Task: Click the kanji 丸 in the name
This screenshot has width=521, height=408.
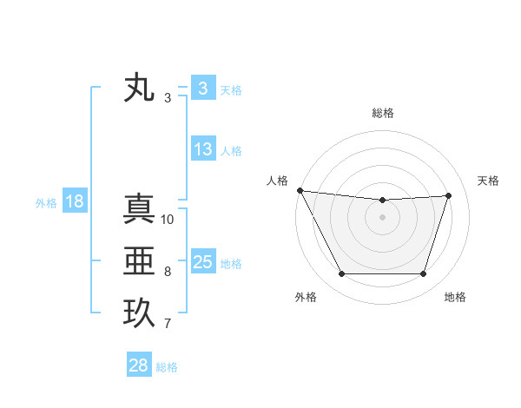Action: pyautogui.click(x=139, y=89)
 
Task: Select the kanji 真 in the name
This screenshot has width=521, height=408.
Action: pyautogui.click(x=139, y=209)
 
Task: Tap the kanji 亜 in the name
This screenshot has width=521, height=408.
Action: pyautogui.click(x=139, y=261)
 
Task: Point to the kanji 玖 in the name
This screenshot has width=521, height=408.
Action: pyautogui.click(x=139, y=313)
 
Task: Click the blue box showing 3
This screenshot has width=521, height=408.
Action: pyautogui.click(x=202, y=89)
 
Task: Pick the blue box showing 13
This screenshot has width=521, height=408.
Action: pyautogui.click(x=202, y=149)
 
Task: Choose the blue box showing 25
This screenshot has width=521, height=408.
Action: pyautogui.click(x=202, y=262)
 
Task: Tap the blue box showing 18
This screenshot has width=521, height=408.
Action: pyautogui.click(x=74, y=202)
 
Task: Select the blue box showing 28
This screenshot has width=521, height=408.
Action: pyautogui.click(x=138, y=365)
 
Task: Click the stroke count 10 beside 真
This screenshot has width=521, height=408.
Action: pyautogui.click(x=168, y=220)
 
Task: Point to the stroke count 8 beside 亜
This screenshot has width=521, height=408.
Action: pyautogui.click(x=168, y=272)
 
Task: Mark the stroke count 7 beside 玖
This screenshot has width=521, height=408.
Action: pyautogui.click(x=168, y=324)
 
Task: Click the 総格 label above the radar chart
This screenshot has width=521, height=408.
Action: pyautogui.click(x=383, y=113)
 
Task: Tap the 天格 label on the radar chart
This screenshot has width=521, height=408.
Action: pyautogui.click(x=488, y=181)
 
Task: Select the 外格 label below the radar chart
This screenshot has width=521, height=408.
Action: pyautogui.click(x=306, y=297)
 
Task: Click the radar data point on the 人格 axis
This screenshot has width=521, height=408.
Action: pyautogui.click(x=300, y=190)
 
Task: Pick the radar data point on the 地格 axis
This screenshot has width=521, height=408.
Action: pyautogui.click(x=424, y=274)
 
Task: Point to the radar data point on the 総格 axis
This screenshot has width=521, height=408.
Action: pyautogui.click(x=382, y=201)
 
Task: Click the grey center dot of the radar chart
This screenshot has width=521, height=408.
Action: pyautogui.click(x=382, y=217)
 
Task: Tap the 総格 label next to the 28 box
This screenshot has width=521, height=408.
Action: pyautogui.click(x=167, y=367)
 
